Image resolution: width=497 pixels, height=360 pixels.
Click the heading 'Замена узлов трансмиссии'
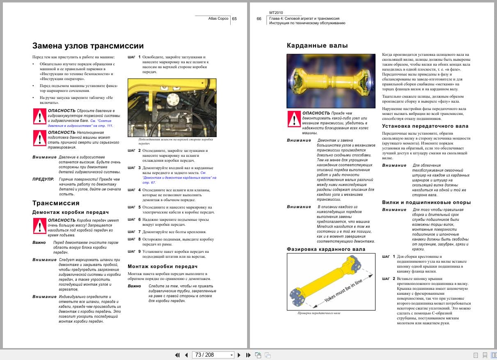[88, 46]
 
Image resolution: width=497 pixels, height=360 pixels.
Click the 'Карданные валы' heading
[317, 46]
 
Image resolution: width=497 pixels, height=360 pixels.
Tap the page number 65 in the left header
[234, 18]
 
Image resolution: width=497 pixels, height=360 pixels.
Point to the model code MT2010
[276, 13]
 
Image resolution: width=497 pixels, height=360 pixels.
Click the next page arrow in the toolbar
[239, 355]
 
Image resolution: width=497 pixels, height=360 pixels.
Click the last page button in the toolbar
[248, 355]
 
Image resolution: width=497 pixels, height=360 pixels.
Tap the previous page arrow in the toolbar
[186, 355]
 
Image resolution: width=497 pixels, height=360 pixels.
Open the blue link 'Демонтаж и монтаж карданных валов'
[181, 178]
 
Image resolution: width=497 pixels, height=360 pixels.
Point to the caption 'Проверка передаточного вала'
[319, 313]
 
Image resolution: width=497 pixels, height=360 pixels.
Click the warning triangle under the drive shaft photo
[293, 119]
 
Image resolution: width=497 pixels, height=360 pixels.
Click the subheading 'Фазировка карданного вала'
[326, 249]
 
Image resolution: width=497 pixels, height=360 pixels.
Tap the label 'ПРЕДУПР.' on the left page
[43, 179]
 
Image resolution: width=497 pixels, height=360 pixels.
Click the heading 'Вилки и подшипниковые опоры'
[426, 202]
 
